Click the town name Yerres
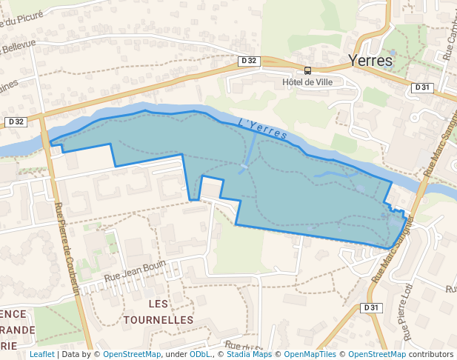click(x=370, y=61)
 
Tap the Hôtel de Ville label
click(x=308, y=82)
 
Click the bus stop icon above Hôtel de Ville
click(x=308, y=71)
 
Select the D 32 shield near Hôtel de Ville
click(x=250, y=60)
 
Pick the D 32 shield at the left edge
click(x=15, y=121)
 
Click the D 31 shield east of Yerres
click(x=421, y=87)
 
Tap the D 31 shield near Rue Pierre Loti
click(x=371, y=307)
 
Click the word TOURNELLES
click(x=159, y=320)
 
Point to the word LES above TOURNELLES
click(x=159, y=304)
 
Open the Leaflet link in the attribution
click(x=41, y=355)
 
